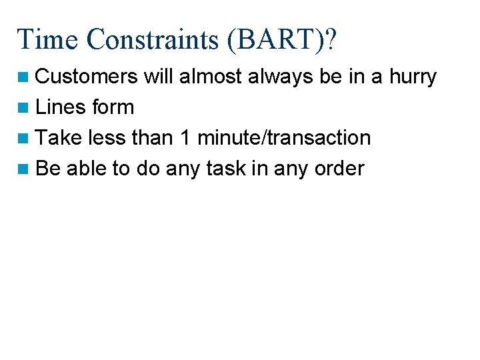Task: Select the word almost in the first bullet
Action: [x=211, y=77]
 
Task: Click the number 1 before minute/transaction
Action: [x=184, y=138]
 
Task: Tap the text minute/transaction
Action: [x=284, y=138]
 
